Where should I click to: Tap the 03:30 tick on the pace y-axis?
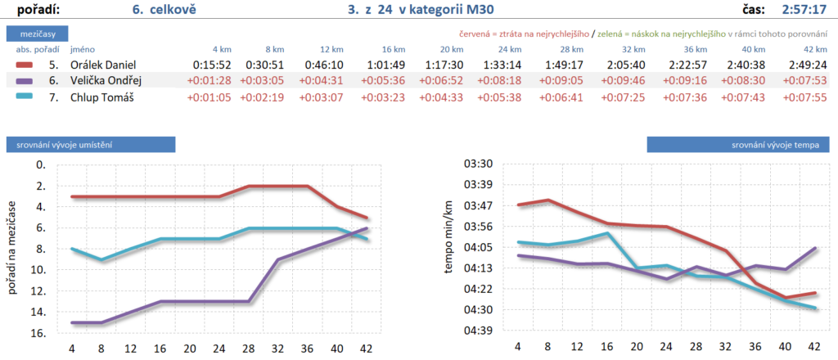click(x=477, y=164)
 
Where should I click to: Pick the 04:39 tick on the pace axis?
click(x=477, y=331)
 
